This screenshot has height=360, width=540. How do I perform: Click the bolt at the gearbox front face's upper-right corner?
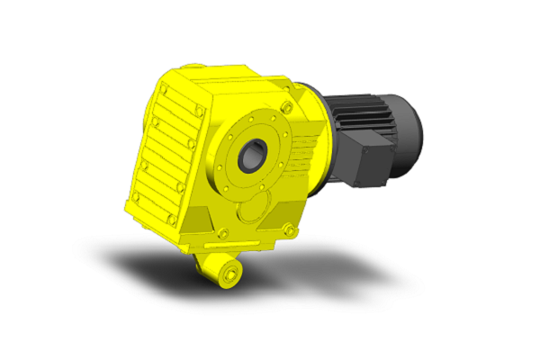click(x=286, y=109)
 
